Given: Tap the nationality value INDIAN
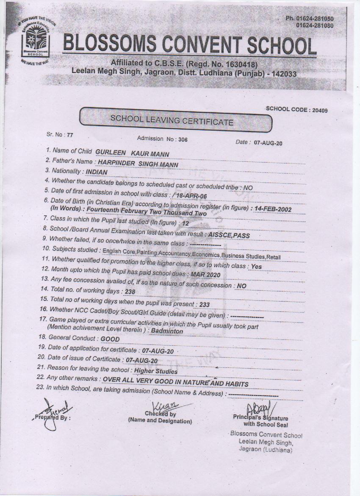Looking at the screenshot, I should click(97, 173).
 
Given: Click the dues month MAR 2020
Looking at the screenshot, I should click(205, 274).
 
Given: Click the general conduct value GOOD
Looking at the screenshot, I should click(110, 339).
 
